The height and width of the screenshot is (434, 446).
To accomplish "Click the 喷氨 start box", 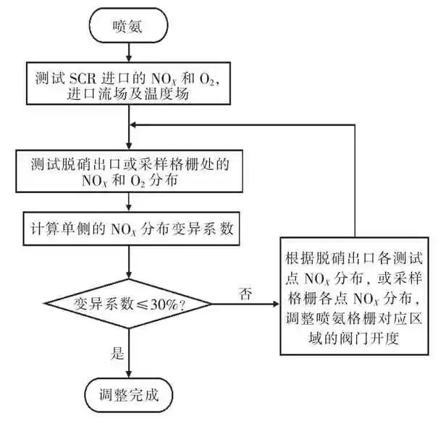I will tap(129, 26).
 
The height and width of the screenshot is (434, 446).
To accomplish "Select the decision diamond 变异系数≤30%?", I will tap(128, 303).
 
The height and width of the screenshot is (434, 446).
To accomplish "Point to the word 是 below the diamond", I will tap(117, 354).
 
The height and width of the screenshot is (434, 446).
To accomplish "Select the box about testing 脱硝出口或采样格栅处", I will tap(128, 172).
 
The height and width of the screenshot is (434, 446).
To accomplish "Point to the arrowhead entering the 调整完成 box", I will tap(128, 373).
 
